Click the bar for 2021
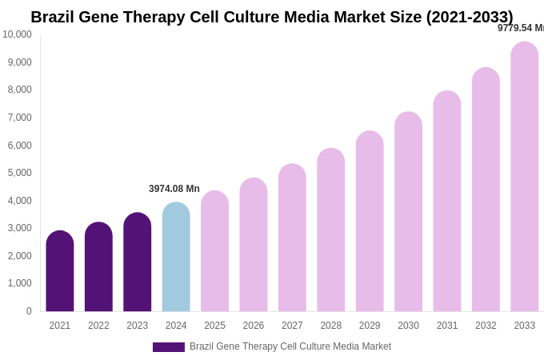pyautogui.click(x=60, y=272)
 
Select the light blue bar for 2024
pyautogui.click(x=176, y=258)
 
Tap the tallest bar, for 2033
pyautogui.click(x=524, y=178)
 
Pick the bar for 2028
pyautogui.click(x=330, y=230)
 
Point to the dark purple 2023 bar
pyautogui.click(x=138, y=262)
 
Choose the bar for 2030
pyautogui.click(x=408, y=212)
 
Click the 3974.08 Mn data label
pyautogui.click(x=174, y=189)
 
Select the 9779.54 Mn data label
pyautogui.click(x=520, y=28)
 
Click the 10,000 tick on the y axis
pyautogui.click(x=17, y=34)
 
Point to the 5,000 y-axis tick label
pyautogui.click(x=20, y=173)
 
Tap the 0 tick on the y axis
pyautogui.click(x=29, y=311)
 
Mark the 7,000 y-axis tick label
pyautogui.click(x=20, y=118)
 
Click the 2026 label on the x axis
pyautogui.click(x=254, y=326)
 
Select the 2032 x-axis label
pyautogui.click(x=486, y=326)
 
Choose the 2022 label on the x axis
pyautogui.click(x=98, y=326)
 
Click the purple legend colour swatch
pyautogui.click(x=169, y=347)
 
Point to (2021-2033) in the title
pyautogui.click(x=470, y=17)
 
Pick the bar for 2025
pyautogui.click(x=214, y=252)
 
